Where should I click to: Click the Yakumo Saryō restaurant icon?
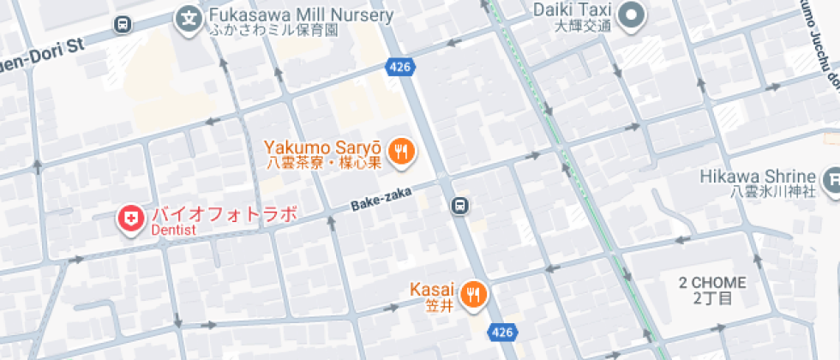tap(400, 153)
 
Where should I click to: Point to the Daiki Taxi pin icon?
tap(633, 15)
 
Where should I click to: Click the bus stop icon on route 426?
tap(460, 206)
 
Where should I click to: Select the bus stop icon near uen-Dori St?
tap(123, 25)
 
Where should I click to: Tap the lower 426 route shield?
tap(503, 331)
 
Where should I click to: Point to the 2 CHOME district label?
tap(712, 283)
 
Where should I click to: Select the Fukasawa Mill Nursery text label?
tap(300, 15)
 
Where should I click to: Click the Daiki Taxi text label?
tap(572, 9)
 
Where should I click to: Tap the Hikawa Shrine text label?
tap(757, 176)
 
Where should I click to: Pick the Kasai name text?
tap(431, 289)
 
